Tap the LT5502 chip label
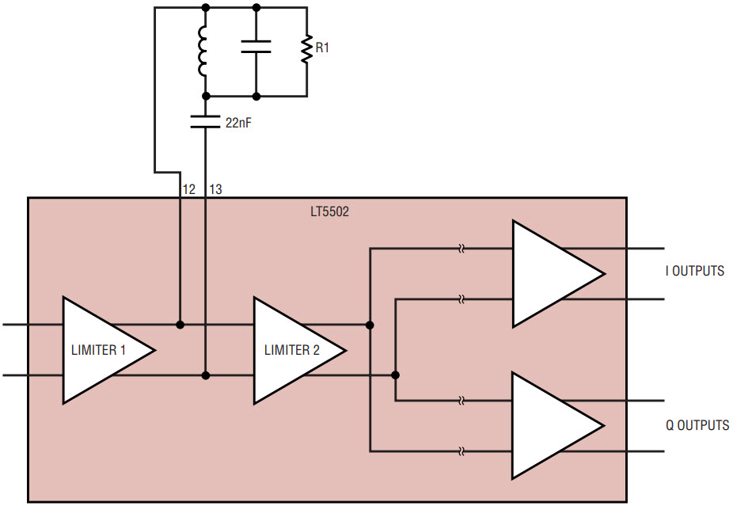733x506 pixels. click(329, 212)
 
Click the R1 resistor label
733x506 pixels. click(322, 48)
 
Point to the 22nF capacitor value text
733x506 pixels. click(238, 123)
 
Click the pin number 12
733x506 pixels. click(189, 189)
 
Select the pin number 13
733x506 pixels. click(215, 189)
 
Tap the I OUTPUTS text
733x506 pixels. click(695, 271)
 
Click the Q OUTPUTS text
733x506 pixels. click(697, 425)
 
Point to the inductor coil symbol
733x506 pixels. click(203, 51)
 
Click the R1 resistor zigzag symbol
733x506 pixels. click(306, 48)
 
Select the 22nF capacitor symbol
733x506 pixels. click(205, 122)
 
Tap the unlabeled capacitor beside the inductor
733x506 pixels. click(256, 47)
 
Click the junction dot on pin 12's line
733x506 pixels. click(180, 325)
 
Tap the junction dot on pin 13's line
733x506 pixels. click(205, 375)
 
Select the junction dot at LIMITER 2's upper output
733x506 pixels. click(370, 325)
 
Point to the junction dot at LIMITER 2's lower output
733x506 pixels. click(395, 375)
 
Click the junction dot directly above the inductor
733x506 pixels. click(205, 7)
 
